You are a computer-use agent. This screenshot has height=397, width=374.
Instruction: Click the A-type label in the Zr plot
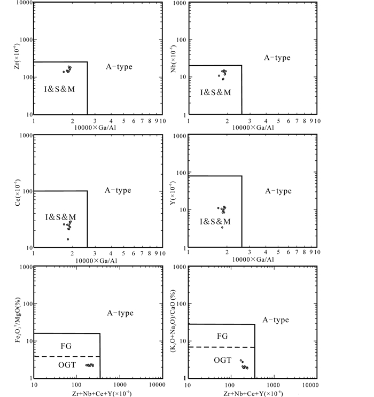click(x=119, y=67)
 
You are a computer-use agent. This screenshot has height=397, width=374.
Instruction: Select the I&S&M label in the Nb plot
click(x=216, y=92)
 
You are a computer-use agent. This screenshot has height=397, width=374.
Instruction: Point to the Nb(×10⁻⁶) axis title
click(x=173, y=59)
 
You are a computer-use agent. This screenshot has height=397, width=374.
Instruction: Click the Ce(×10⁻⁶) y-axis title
click(x=17, y=192)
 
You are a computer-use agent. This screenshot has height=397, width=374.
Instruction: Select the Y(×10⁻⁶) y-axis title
click(x=173, y=193)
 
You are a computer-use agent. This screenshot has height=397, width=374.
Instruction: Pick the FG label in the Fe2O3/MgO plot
click(x=66, y=346)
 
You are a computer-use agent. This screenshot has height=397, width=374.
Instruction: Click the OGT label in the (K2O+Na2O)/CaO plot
click(x=223, y=360)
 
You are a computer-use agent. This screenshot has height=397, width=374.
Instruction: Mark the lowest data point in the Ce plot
click(x=68, y=239)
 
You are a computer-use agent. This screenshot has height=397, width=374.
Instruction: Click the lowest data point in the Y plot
click(x=222, y=228)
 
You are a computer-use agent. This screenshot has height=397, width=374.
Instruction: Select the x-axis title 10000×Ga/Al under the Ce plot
click(x=96, y=261)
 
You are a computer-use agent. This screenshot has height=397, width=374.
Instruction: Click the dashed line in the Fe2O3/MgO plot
click(x=67, y=356)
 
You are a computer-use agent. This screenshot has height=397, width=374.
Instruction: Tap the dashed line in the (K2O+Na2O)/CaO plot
click(x=222, y=347)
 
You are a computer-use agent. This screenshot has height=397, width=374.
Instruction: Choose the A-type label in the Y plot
click(x=278, y=191)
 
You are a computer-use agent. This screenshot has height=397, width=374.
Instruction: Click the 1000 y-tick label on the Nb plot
click(x=180, y=3)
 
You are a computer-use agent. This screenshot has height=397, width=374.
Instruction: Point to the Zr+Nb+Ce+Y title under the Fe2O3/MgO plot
click(x=102, y=393)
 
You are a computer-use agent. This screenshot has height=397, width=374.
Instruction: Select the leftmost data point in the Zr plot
click(x=64, y=72)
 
